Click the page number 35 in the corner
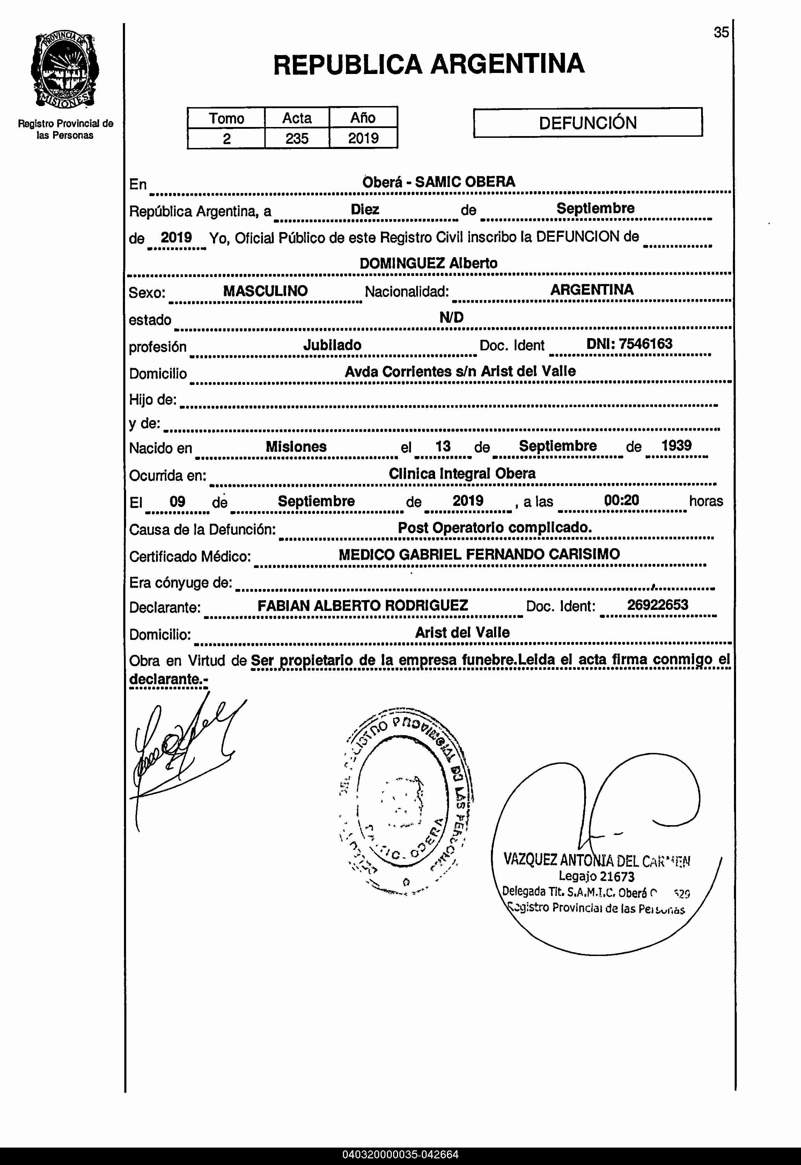pos(721,32)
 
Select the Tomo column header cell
pos(226,118)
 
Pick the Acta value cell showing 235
pos(296,139)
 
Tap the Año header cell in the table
pos(363,118)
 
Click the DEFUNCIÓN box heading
pos(587,123)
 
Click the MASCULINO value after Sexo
pos(265,291)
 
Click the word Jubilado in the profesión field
pos(332,345)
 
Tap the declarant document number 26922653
pos(657,605)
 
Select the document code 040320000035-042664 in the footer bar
pos(400,1155)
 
